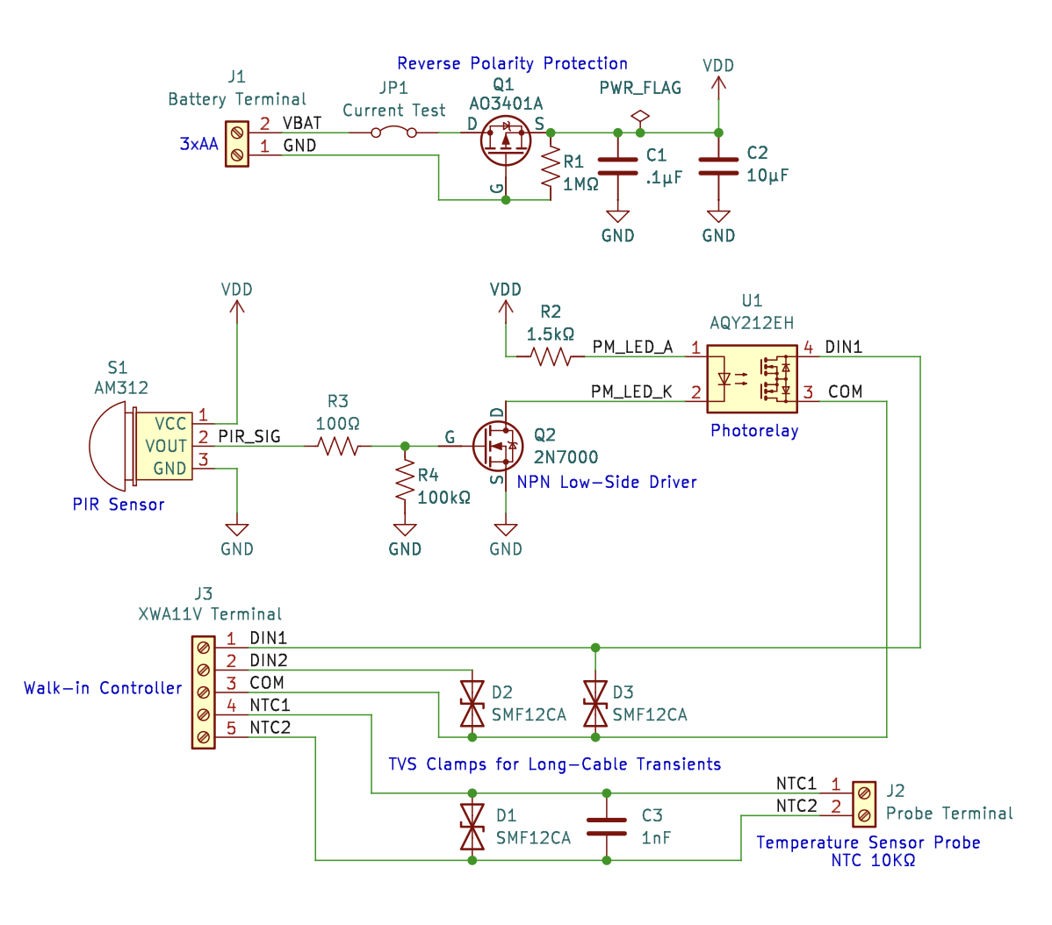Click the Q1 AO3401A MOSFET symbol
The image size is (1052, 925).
click(x=506, y=140)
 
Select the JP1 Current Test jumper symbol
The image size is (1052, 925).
click(x=393, y=133)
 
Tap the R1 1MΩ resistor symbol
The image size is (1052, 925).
click(x=551, y=167)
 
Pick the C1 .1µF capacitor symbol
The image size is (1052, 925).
click(x=617, y=167)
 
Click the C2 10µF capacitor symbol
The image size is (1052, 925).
click(x=718, y=167)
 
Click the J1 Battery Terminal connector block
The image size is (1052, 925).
click(x=236, y=144)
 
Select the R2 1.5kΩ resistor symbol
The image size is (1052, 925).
click(x=551, y=356)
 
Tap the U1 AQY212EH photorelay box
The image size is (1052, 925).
click(x=753, y=379)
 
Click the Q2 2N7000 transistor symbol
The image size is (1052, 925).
click(x=497, y=446)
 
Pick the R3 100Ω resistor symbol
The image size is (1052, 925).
click(x=338, y=446)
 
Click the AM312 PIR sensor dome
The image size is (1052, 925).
click(x=109, y=446)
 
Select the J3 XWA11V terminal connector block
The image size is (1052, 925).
click(x=203, y=692)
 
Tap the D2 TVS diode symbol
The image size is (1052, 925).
click(x=472, y=704)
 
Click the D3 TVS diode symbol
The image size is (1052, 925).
click(x=595, y=704)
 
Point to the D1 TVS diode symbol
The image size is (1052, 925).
click(x=472, y=827)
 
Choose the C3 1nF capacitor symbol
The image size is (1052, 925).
click(x=606, y=827)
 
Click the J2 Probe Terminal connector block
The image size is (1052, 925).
click(x=864, y=804)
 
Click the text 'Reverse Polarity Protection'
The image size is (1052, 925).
click(x=512, y=63)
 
